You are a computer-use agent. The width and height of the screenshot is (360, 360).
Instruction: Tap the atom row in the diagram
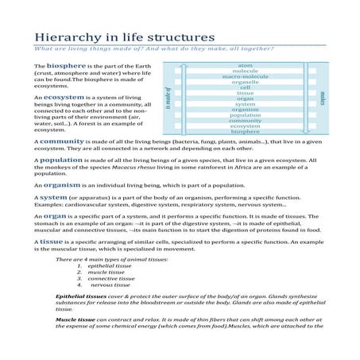point(246,64)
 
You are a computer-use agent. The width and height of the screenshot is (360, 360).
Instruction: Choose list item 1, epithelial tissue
point(106,266)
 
